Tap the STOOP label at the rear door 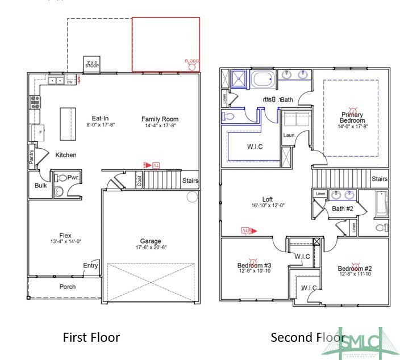point(92,65)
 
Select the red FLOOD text point(193,61)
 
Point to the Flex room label point(65,235)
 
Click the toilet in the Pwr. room point(61,178)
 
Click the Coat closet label point(139,181)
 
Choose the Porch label point(68,287)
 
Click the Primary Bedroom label point(351,118)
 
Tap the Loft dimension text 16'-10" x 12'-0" point(267,206)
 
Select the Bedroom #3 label point(254,265)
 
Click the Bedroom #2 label point(355,269)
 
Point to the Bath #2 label point(343,209)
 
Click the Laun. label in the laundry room point(290,136)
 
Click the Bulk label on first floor point(40,186)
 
